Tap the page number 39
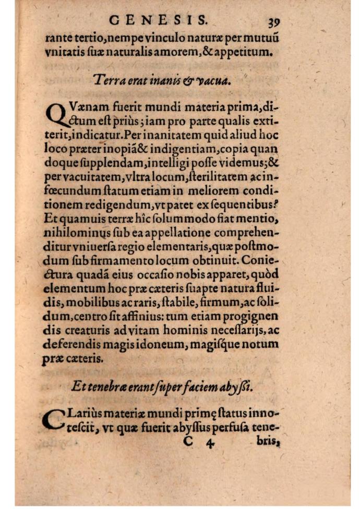(x=274, y=22)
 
